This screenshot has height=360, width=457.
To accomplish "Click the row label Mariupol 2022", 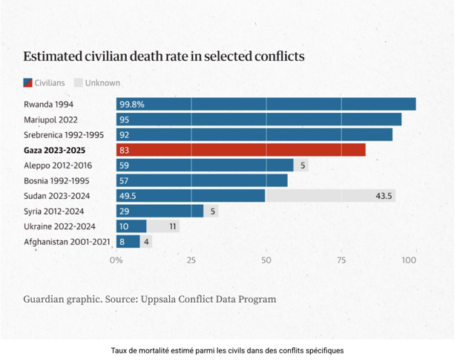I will click(51, 120).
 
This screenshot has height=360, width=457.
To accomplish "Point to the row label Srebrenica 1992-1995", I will click(64, 135).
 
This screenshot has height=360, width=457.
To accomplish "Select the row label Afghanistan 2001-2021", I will click(67, 242).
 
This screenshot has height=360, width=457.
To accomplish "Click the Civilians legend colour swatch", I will click(27, 83).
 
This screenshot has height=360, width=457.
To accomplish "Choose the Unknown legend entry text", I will click(102, 83).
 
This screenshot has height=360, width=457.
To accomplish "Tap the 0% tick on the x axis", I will click(116, 261).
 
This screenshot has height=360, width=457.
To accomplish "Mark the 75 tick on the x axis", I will click(341, 261).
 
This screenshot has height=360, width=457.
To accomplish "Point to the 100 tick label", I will click(409, 261).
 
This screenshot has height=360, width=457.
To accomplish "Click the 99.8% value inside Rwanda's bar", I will click(132, 105).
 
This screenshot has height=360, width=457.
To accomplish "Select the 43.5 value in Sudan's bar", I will click(384, 196).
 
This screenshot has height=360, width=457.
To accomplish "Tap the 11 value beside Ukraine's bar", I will click(172, 226).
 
